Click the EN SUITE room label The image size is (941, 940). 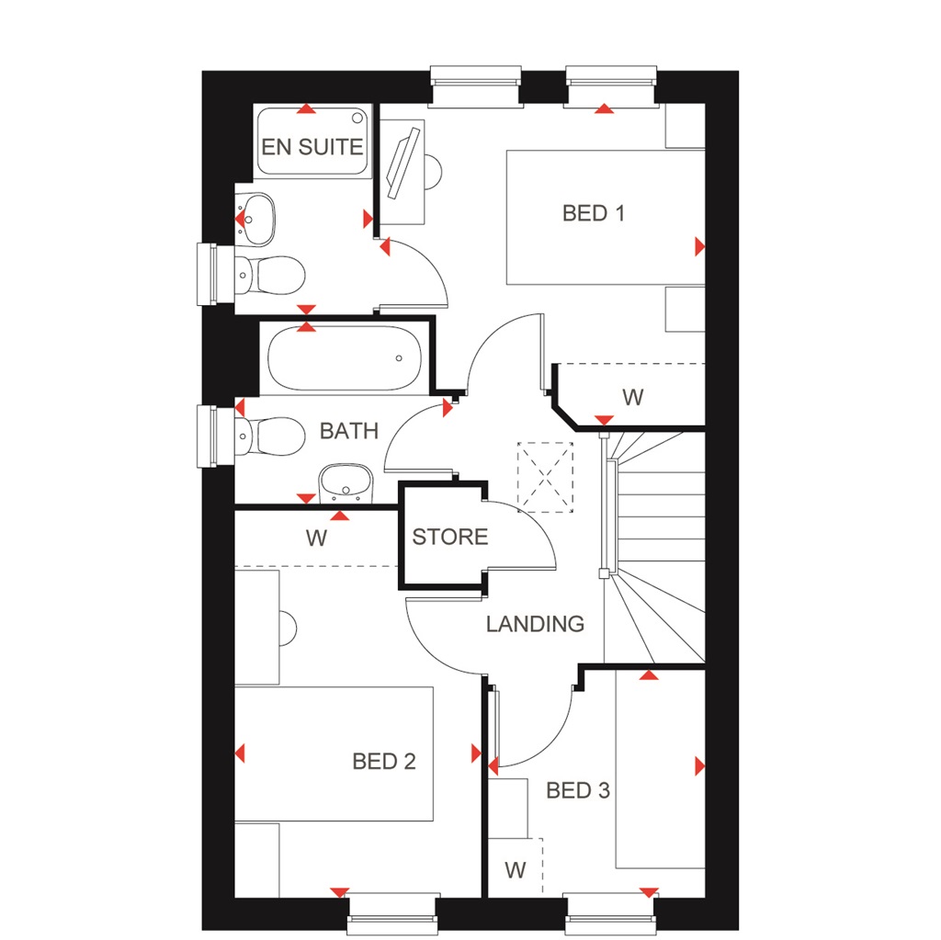[312, 147]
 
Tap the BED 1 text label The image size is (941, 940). [594, 213]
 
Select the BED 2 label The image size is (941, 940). [384, 761]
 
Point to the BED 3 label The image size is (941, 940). [578, 790]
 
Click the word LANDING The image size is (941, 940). [535, 624]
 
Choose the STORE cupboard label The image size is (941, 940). [449, 538]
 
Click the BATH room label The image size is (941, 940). [348, 431]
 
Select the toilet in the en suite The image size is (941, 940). [270, 273]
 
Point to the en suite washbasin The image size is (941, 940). [257, 219]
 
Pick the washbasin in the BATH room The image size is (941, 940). [345, 482]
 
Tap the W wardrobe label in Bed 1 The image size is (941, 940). [632, 398]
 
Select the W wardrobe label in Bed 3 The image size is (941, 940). [515, 869]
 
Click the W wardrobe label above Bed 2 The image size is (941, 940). [316, 538]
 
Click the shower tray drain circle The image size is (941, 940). [357, 118]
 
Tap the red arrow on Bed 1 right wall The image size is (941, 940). [699, 246]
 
